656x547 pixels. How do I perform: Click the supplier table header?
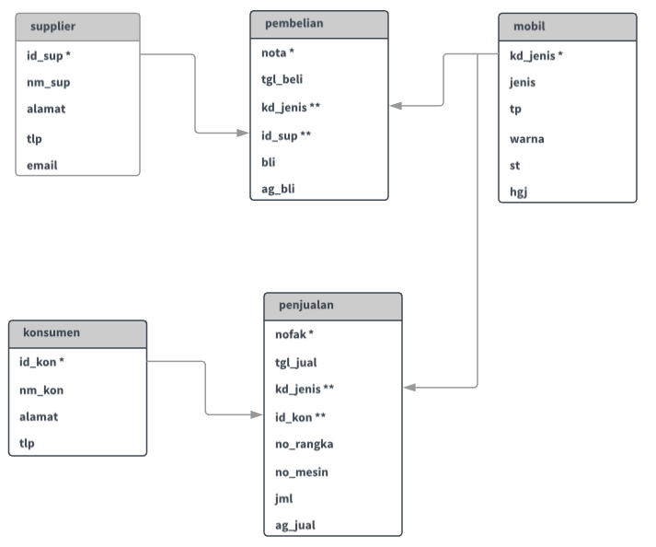point(52,27)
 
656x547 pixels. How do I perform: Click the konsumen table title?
point(51,332)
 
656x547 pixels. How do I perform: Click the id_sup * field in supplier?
point(50,55)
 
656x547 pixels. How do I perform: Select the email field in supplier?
point(42,165)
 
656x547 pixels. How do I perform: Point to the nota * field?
point(278,52)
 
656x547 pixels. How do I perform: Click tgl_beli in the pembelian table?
point(282,79)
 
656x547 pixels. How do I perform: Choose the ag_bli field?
point(278,189)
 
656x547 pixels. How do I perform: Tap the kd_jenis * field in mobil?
point(536,55)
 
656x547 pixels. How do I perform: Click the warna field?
point(527,139)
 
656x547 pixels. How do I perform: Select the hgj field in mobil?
point(518,192)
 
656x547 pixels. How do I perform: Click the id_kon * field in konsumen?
point(41,362)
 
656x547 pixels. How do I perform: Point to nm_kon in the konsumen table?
point(41,390)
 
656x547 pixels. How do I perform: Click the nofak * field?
point(294,334)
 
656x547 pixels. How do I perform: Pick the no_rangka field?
point(304,444)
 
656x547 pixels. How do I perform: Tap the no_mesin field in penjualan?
point(302,471)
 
